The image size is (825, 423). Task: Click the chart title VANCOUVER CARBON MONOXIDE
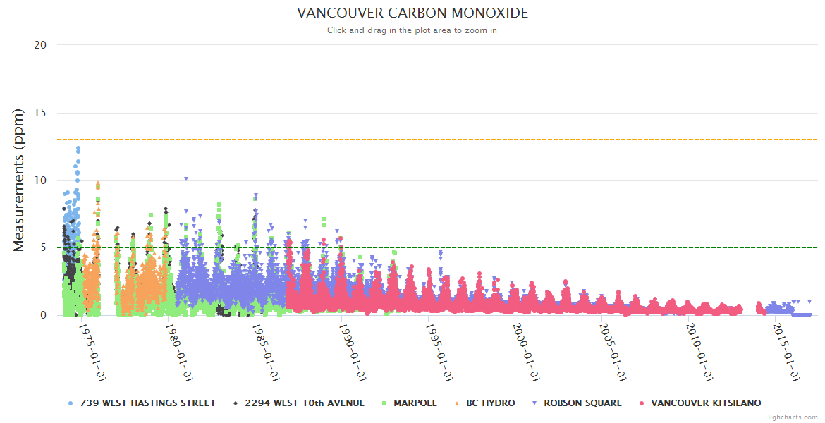pos(412,13)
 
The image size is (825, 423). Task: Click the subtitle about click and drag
pos(412,30)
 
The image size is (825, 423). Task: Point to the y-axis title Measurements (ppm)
pos(19,180)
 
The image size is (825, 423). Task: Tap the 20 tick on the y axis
pos(41,44)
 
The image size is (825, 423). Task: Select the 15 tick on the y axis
pos(41,112)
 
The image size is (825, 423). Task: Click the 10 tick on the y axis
pos(41,180)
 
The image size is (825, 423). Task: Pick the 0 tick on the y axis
pos(43,315)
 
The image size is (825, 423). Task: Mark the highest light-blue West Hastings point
pos(78,148)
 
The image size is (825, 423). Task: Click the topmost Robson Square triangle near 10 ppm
pos(186,179)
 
